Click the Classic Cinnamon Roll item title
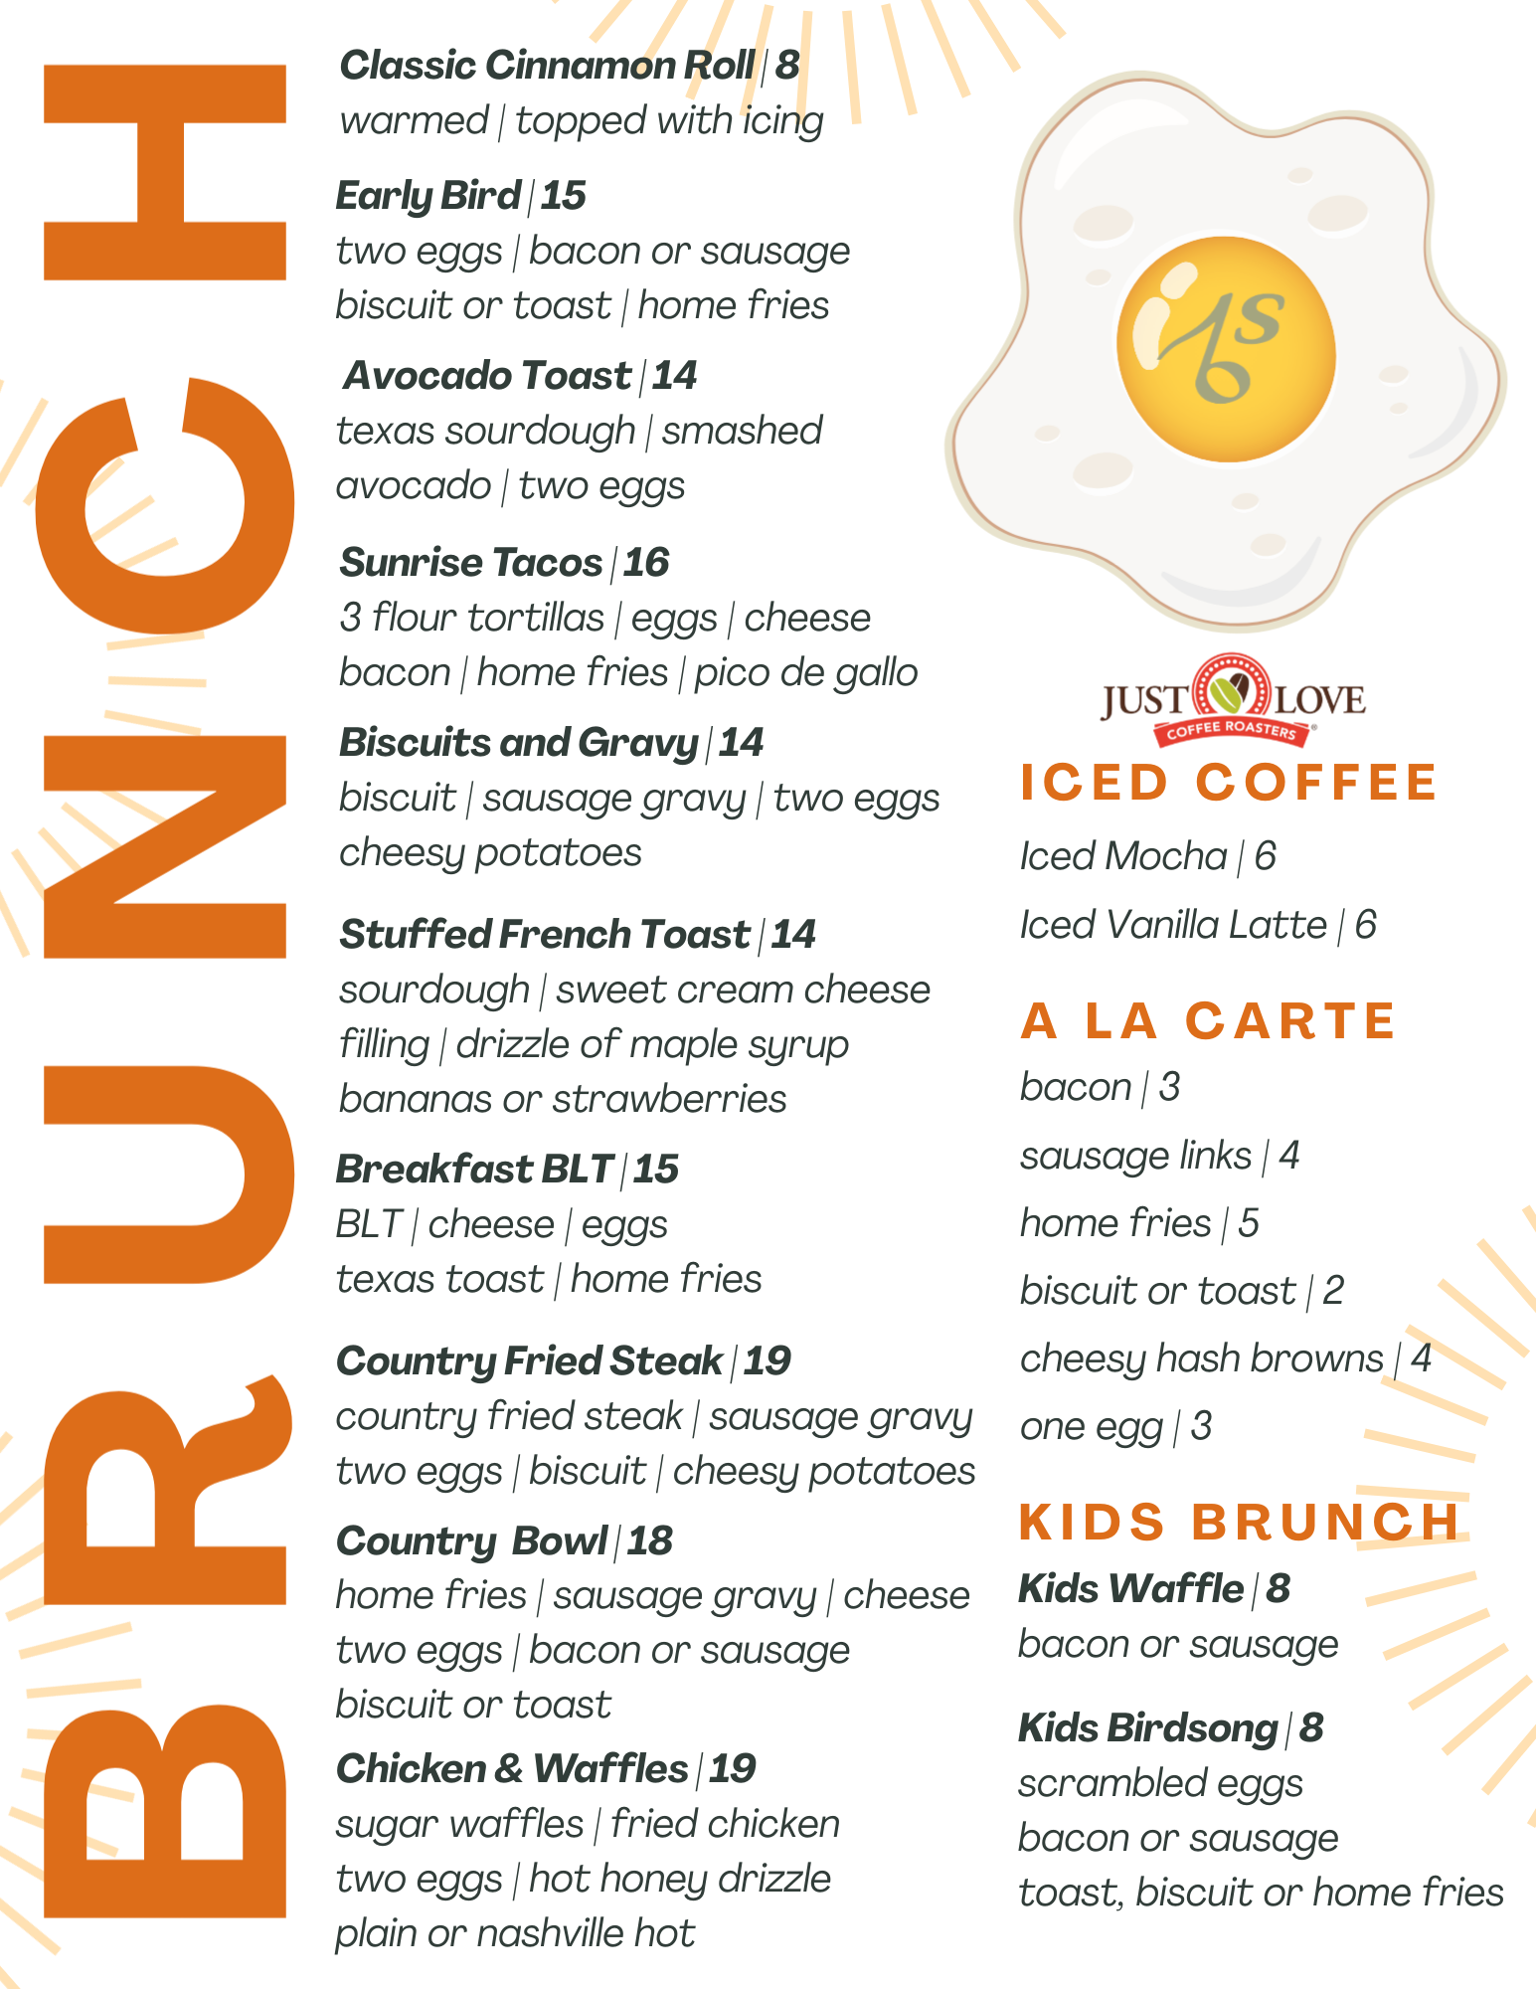[x=547, y=66]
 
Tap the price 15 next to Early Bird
[x=563, y=196]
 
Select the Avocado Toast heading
[x=487, y=376]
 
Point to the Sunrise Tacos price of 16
[x=646, y=563]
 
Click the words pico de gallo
[x=805, y=673]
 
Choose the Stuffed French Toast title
[x=544, y=935]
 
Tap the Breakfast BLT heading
[x=474, y=1170]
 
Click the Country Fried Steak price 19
[x=767, y=1361]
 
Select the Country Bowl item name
[x=471, y=1541]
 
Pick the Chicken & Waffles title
[x=512, y=1769]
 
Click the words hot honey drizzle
[x=680, y=1879]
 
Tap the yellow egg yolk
[x=1226, y=349]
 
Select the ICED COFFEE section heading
[x=1229, y=782]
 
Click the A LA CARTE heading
[x=1208, y=1021]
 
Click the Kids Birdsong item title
[x=1148, y=1728]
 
